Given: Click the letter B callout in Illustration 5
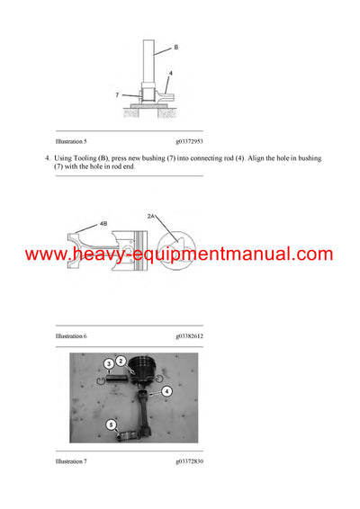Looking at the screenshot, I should coord(175,47).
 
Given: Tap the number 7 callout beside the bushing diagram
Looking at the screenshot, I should coord(116,93).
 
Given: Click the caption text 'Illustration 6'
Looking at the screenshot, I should coord(71,335).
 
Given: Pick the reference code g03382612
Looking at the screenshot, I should coord(189,335).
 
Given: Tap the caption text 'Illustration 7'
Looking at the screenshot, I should coord(71,460).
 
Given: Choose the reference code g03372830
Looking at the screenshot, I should coord(189,460).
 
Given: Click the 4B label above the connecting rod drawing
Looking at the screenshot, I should coord(103,222).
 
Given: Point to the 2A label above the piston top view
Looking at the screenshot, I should coord(151,216).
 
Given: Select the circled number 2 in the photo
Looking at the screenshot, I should coord(121,360).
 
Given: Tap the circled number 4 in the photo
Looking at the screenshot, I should coord(166,391).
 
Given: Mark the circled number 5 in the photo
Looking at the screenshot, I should coord(111,424).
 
